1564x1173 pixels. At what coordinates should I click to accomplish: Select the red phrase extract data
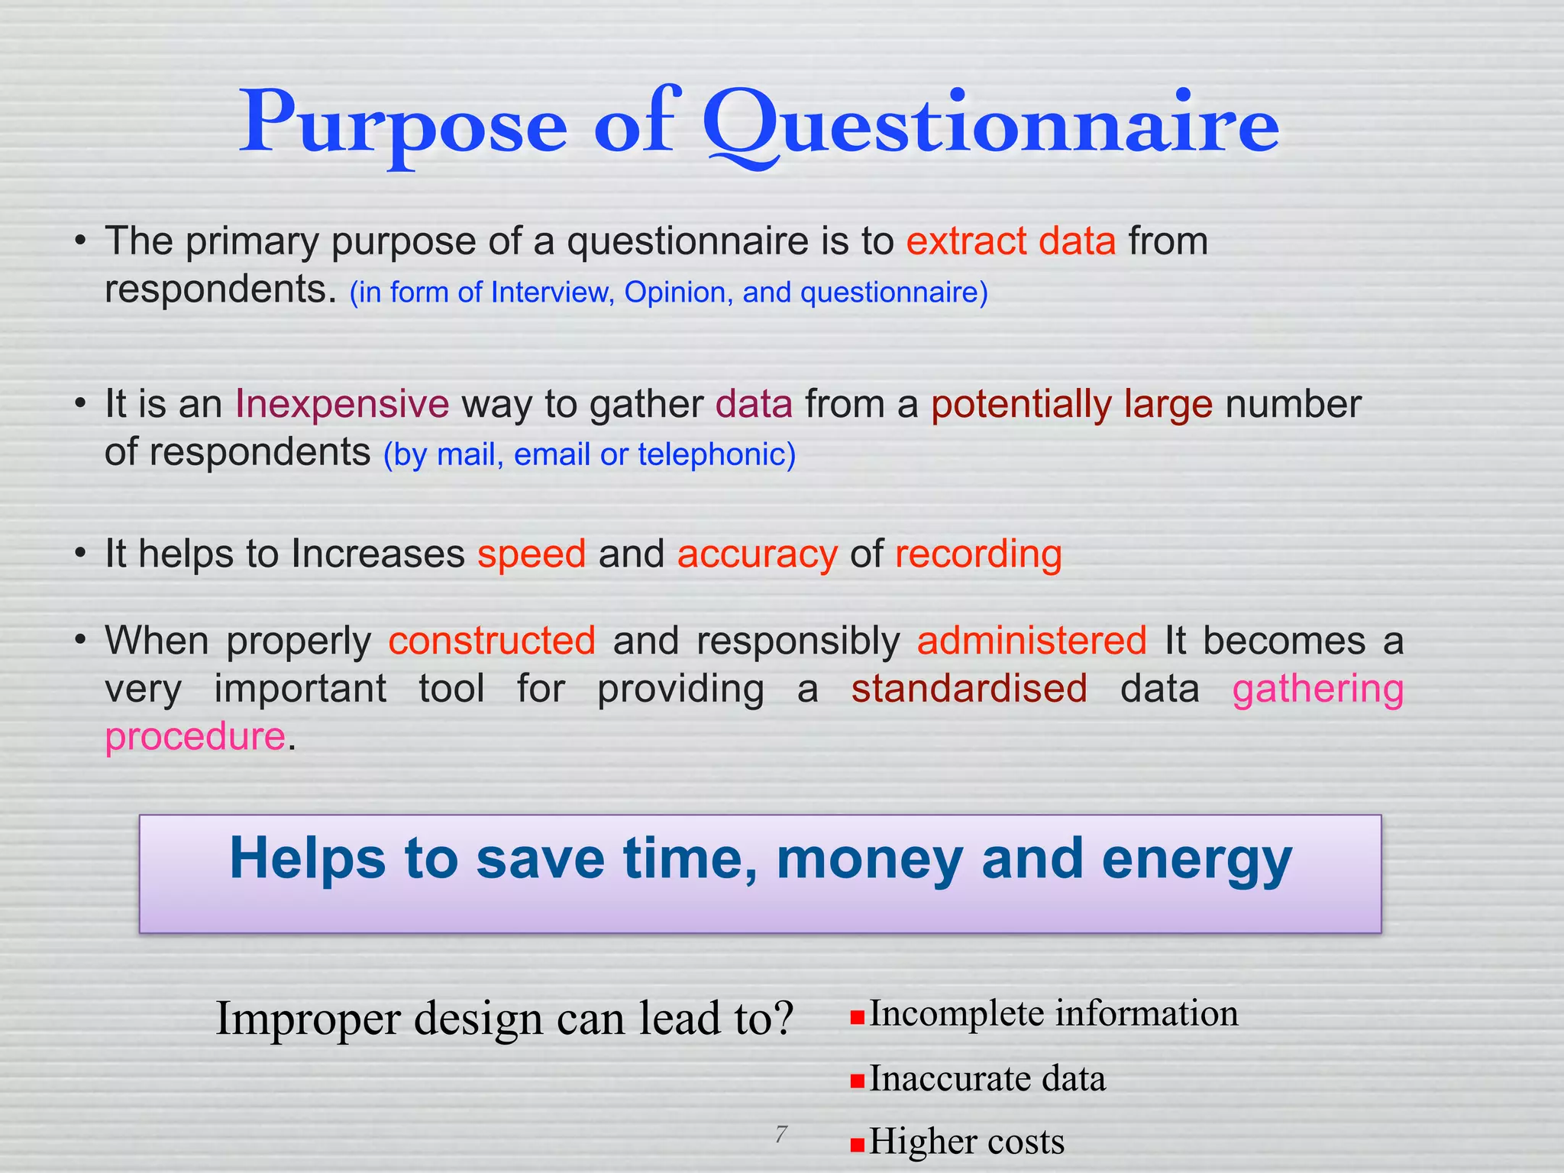click(1010, 241)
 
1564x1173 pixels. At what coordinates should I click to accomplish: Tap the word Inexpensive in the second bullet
click(341, 404)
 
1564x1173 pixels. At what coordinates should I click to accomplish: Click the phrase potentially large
click(1071, 404)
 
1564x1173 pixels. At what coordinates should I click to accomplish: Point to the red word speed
click(532, 554)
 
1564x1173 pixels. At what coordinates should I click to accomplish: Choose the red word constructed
click(492, 640)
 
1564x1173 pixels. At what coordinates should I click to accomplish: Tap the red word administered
click(1031, 640)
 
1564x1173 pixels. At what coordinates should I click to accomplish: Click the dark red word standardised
click(969, 688)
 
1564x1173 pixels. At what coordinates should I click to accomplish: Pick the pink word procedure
click(195, 737)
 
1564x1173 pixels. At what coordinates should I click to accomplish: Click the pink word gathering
click(1317, 690)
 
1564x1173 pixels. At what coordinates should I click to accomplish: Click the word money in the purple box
click(869, 859)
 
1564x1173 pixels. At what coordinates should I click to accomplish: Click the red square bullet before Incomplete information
click(858, 1017)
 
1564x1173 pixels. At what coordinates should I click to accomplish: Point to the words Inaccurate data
click(987, 1079)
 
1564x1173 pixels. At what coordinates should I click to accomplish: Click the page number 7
click(780, 1134)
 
